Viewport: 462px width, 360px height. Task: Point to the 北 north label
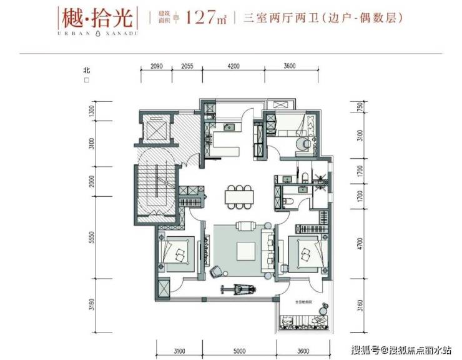pyautogui.click(x=87, y=70)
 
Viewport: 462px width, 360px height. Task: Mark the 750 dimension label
pyautogui.click(x=360, y=107)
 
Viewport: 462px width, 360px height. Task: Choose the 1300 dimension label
pyautogui.click(x=92, y=112)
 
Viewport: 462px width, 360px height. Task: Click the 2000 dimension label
pyautogui.click(x=92, y=181)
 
